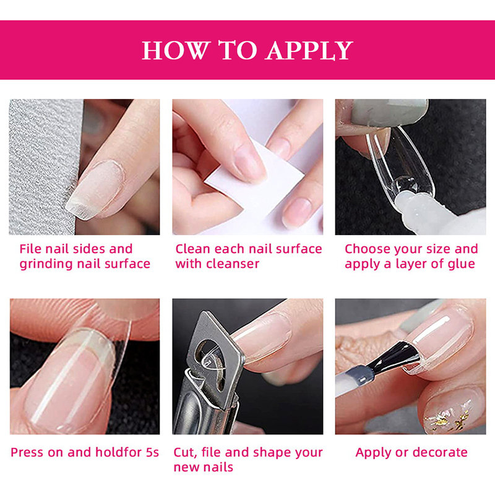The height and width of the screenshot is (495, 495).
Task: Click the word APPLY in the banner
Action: coord(309,50)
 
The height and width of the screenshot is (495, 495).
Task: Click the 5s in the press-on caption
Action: coord(152,452)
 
